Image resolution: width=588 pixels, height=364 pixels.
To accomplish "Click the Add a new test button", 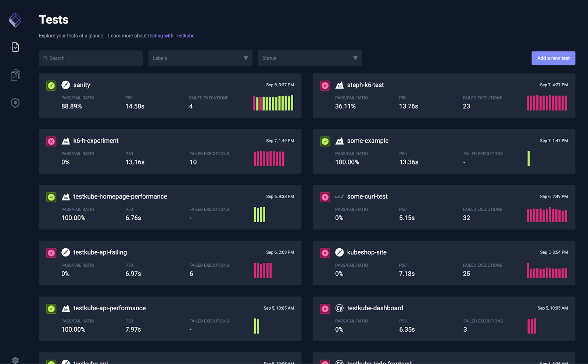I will point(553,58).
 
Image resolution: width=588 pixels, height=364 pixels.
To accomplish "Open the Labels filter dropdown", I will point(200,58).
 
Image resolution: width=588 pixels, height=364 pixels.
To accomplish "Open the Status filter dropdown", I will point(310,58).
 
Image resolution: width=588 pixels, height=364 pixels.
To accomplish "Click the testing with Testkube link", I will point(171,36).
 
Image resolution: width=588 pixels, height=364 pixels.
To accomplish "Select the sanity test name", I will point(82,85).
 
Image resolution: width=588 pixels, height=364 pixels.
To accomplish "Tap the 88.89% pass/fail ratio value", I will point(72,106).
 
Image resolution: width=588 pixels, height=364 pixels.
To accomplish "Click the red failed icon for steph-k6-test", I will point(325,86).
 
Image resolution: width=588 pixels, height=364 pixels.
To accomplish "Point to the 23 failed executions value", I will point(466,106).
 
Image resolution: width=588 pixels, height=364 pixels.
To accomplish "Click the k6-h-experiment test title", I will point(96,141).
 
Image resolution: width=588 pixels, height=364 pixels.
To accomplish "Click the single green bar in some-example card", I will point(528,159).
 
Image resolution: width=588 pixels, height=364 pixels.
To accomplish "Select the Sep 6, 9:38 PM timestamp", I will point(280,197).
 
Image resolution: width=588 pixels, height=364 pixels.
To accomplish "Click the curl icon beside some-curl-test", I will point(339,197).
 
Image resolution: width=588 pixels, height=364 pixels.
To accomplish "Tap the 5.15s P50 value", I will point(407,218).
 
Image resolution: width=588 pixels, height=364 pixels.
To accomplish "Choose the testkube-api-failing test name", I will point(100,252).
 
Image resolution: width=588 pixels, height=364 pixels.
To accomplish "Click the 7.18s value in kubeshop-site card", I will point(407,274).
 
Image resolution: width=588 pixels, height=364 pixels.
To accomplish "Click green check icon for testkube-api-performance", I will point(51,309).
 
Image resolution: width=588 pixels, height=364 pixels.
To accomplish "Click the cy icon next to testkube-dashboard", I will point(339,308).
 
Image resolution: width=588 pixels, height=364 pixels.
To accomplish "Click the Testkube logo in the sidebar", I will point(15,20).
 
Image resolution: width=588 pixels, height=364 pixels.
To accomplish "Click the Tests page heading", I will point(54,19).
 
